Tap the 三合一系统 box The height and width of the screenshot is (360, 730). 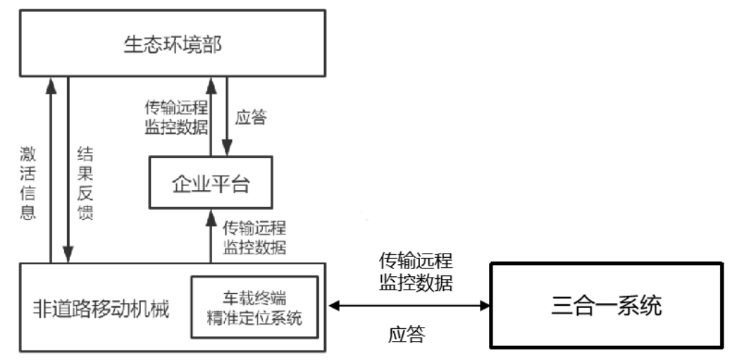(x=606, y=305)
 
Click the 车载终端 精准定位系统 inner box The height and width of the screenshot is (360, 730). (x=254, y=306)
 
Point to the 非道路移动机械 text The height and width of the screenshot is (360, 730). (x=101, y=309)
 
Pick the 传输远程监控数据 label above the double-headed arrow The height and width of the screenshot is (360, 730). (x=416, y=272)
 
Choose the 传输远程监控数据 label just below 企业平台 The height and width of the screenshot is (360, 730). (x=254, y=237)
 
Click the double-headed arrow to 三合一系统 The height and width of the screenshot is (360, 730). (x=409, y=305)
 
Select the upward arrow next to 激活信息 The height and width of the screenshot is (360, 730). (x=51, y=169)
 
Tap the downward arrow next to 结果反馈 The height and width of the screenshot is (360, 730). (x=68, y=169)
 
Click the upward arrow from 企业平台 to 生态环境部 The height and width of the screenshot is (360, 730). (x=210, y=117)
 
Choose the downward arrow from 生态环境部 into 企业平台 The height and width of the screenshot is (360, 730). (x=228, y=117)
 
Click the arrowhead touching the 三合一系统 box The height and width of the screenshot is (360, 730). (x=484, y=305)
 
